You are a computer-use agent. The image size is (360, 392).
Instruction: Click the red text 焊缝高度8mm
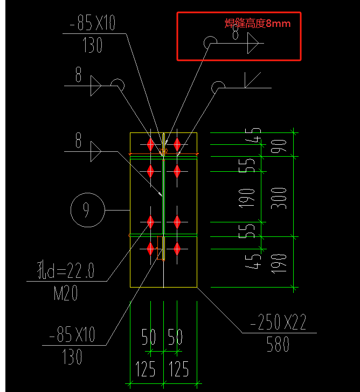pos(261,23)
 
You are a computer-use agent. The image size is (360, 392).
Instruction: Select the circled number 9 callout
pos(86,210)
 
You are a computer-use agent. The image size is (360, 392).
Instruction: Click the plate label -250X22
pos(278,323)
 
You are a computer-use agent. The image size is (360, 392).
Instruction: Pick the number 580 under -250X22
pos(278,345)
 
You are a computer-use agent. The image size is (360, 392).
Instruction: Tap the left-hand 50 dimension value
pos(149,338)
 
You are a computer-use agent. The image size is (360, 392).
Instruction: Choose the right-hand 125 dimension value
pos(179,369)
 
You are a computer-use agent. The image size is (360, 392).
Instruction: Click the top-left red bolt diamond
pos(150,144)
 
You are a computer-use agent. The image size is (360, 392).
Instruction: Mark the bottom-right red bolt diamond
pos(177,248)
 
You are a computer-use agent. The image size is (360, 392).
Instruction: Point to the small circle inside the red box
pos(210,41)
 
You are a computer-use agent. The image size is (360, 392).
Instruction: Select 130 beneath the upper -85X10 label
pos(93,46)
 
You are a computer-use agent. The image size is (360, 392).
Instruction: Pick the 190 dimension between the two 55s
pos(247,197)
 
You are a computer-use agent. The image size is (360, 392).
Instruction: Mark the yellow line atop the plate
pos(163,132)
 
